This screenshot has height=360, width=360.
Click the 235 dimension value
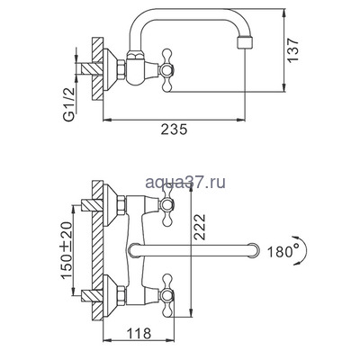pos(174,130)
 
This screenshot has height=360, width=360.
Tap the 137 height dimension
pos(293,50)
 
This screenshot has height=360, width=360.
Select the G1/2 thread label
pos(69,104)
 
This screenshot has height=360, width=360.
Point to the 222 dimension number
pos(199,227)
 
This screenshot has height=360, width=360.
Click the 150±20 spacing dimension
pos(67,250)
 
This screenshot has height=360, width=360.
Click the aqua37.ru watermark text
pos(185,183)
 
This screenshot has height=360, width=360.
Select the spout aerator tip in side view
pos(246,42)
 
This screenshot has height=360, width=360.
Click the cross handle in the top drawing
pos(166,71)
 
